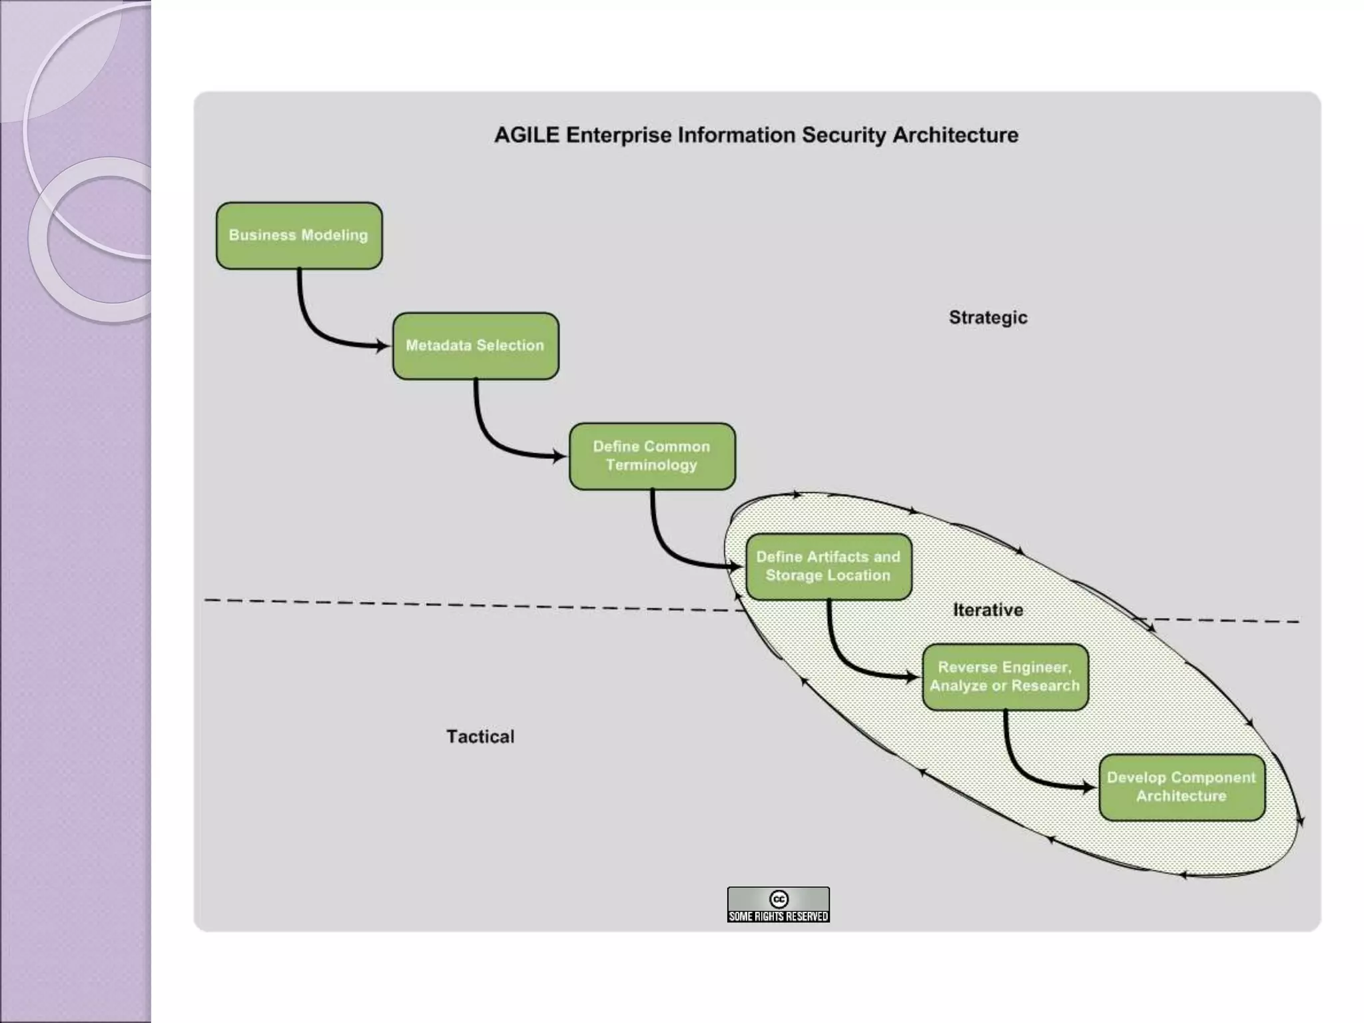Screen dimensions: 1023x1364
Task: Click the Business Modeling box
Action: (x=299, y=236)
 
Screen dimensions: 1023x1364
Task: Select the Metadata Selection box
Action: (x=476, y=346)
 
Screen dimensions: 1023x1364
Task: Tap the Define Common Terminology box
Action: (x=652, y=456)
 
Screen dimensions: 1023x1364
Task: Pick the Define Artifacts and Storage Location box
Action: (x=829, y=566)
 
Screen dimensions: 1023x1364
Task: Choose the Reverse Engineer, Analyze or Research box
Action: (x=1005, y=677)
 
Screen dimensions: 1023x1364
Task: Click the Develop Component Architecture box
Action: (x=1182, y=787)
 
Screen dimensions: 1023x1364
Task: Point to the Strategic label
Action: (x=988, y=318)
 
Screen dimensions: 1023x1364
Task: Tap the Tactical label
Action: (x=480, y=737)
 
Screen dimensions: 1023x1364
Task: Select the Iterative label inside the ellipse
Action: (x=988, y=610)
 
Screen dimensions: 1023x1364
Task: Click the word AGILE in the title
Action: (x=526, y=135)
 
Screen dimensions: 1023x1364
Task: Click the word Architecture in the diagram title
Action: (x=955, y=135)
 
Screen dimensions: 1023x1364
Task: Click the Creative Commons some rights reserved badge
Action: (x=778, y=904)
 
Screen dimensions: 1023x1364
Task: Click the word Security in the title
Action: (x=843, y=135)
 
